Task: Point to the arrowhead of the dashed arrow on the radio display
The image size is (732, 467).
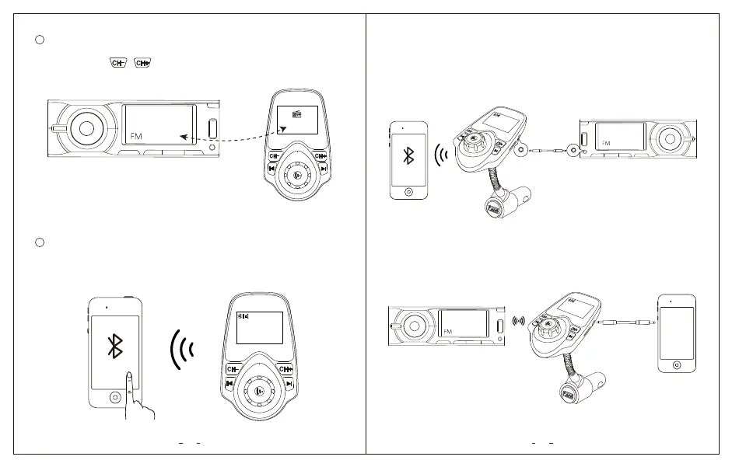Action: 183,137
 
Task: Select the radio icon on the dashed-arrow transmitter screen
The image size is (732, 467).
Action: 296,114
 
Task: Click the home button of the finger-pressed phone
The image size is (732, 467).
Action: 115,396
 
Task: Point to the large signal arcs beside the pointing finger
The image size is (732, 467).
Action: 183,347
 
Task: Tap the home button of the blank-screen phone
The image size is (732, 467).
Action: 677,364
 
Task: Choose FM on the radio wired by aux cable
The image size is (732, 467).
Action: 607,143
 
